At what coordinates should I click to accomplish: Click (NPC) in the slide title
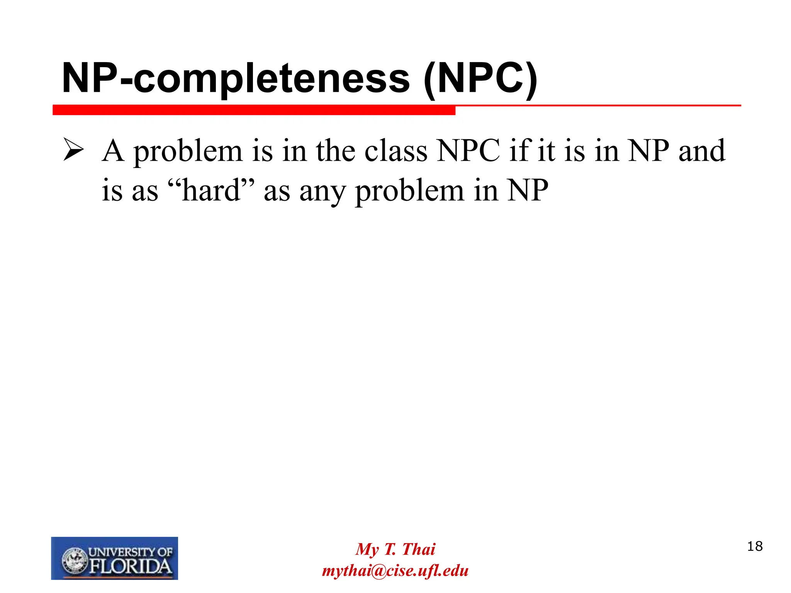pyautogui.click(x=480, y=79)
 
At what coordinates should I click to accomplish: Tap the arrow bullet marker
pyautogui.click(x=73, y=150)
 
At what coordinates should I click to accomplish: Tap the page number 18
pyautogui.click(x=755, y=546)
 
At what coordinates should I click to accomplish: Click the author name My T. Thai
pyautogui.click(x=395, y=549)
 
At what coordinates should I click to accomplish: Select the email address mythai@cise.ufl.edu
pyautogui.click(x=395, y=571)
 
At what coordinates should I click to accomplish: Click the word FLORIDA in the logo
pyautogui.click(x=131, y=566)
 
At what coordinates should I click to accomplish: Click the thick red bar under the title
pyautogui.click(x=254, y=110)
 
